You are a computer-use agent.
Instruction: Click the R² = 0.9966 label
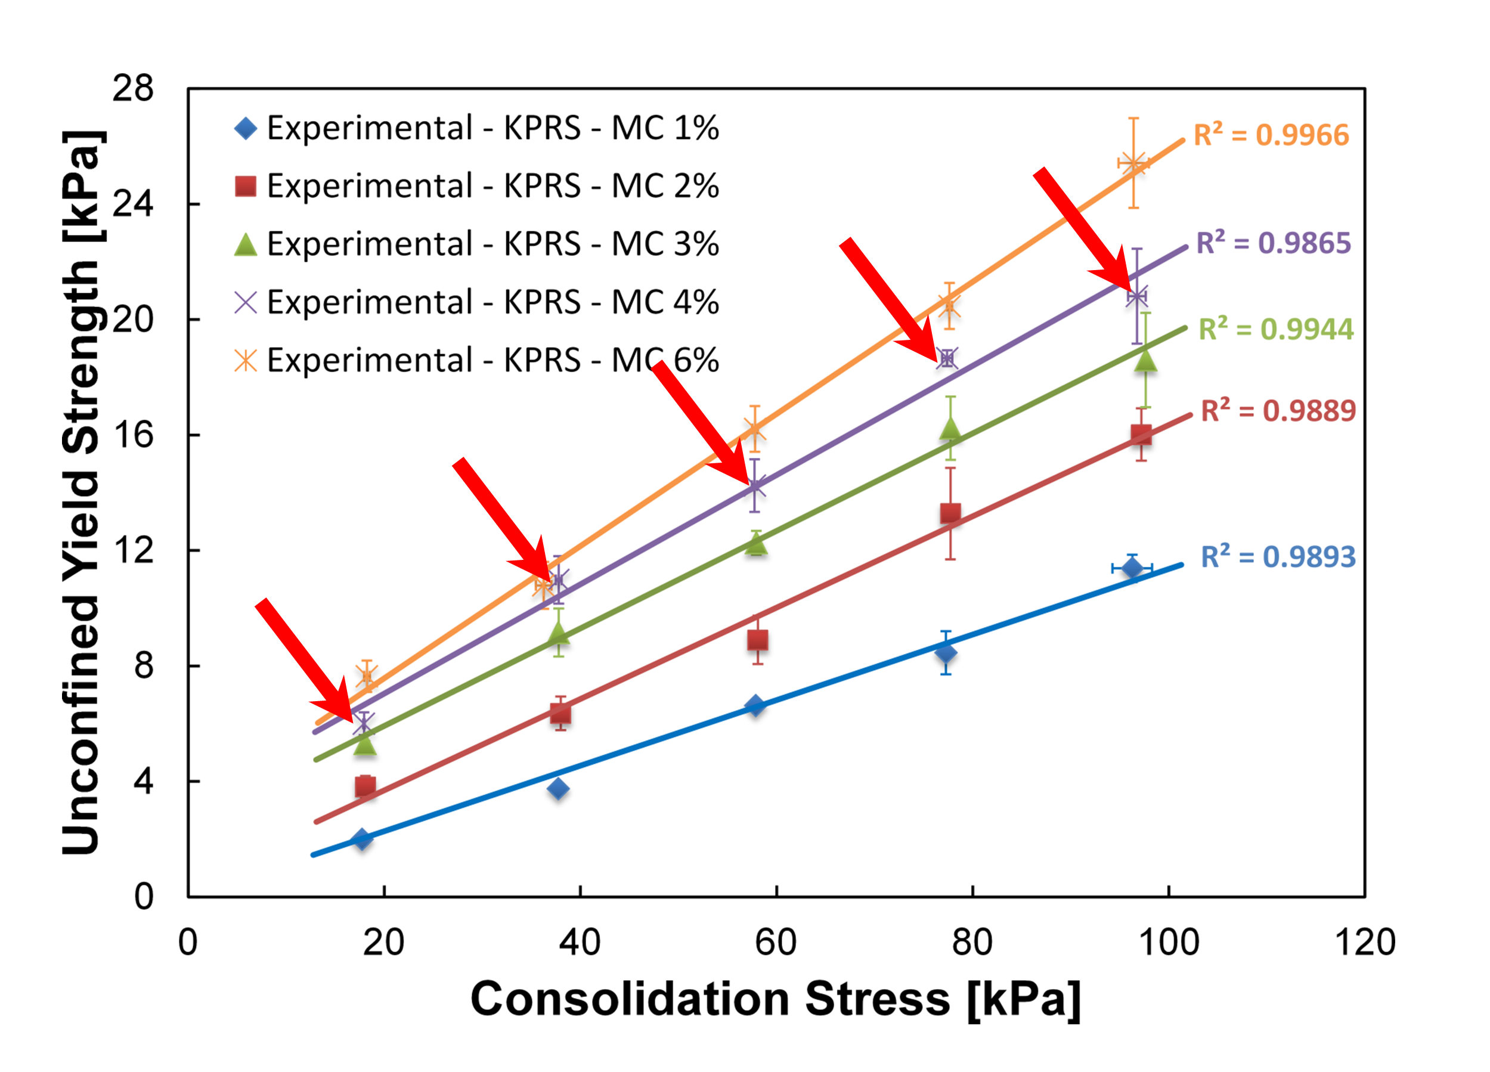click(1271, 135)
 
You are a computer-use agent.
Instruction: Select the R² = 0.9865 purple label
click(1273, 243)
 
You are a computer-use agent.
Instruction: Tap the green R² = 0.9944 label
click(1276, 329)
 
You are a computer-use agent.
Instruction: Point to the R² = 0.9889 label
click(1278, 411)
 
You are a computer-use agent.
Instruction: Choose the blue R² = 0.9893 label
click(1278, 556)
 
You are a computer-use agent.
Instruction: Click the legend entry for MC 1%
click(477, 128)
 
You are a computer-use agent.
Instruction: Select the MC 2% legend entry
click(477, 186)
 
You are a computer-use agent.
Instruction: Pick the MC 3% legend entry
click(477, 244)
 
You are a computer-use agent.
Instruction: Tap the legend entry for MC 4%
click(477, 302)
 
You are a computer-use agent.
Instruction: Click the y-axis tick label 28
click(133, 88)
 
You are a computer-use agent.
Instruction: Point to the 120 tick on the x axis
click(1365, 943)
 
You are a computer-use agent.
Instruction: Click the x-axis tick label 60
click(775, 943)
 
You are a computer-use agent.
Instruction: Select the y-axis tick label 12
click(133, 550)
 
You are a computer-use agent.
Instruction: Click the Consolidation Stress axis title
click(775, 1000)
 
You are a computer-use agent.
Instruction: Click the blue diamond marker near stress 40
click(557, 788)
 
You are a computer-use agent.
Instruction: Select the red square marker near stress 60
click(757, 640)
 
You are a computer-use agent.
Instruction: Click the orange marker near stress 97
click(1133, 163)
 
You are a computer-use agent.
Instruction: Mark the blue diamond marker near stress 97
click(1131, 568)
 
